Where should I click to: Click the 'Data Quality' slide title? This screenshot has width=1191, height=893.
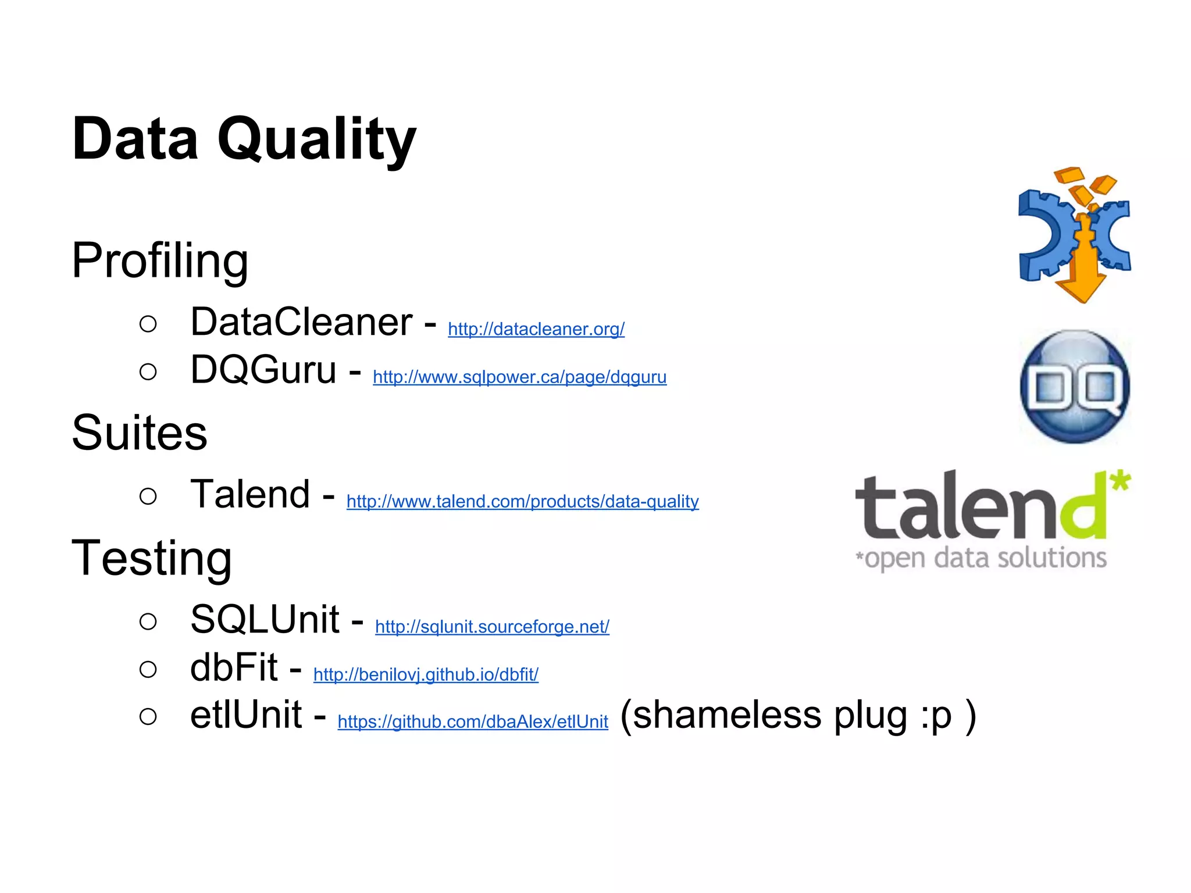coord(244,140)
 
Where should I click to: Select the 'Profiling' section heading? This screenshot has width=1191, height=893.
coord(160,260)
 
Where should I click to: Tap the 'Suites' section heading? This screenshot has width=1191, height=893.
coord(139,433)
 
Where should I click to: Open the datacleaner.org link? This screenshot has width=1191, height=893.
coord(536,329)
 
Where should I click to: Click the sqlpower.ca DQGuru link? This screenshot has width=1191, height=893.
coord(519,377)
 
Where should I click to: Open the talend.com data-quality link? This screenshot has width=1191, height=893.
coord(522,501)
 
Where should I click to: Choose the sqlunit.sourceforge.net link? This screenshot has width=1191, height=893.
coord(492,626)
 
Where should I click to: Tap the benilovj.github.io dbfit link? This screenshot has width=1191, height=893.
coord(426,674)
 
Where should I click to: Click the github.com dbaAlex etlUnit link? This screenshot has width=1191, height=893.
coord(473,721)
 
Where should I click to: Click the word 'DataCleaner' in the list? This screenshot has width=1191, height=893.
coord(301,322)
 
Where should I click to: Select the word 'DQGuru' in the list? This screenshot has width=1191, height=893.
coord(263,370)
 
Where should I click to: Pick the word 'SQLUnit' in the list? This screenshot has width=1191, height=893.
coord(265,619)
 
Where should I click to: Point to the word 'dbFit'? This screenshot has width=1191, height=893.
coord(234,667)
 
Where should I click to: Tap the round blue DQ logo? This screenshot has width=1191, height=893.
coord(1075,386)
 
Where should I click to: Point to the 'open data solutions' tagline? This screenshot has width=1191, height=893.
coord(984,558)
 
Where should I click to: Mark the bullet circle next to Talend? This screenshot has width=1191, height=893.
coord(148,496)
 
